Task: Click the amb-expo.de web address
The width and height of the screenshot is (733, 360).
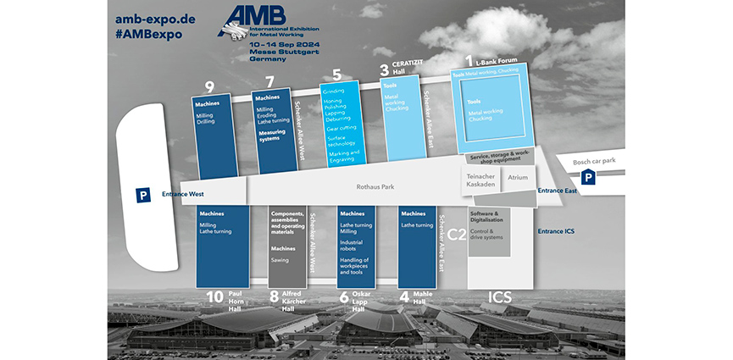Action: point(154,19)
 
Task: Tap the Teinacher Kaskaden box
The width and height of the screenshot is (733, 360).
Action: point(480,180)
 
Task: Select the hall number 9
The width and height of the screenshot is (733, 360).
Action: point(209,84)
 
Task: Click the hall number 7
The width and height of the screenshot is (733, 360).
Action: point(269,82)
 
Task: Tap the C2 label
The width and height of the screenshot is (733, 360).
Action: point(457,232)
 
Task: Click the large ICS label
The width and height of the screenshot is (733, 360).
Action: point(502,297)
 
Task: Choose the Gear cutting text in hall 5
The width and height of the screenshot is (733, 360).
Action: point(341,128)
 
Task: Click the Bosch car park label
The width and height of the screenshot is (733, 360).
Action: point(593,161)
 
